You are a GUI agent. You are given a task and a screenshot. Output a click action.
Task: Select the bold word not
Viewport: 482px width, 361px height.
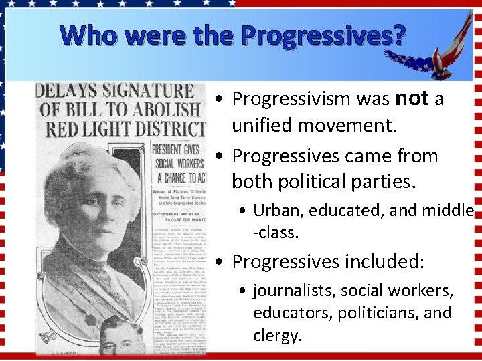click(x=412, y=99)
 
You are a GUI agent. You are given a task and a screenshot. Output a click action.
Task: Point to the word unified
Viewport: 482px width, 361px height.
click(x=262, y=125)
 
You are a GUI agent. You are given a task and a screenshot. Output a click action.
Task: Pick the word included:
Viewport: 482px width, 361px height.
click(x=384, y=261)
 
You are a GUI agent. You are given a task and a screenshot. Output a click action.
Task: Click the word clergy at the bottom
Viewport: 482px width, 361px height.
click(x=275, y=335)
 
